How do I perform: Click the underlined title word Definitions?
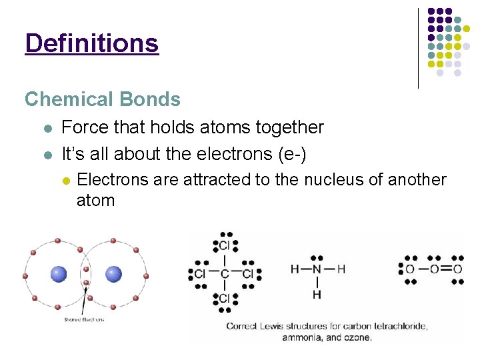[91, 43]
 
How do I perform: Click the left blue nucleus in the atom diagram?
[59, 274]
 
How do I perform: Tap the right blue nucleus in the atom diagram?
[114, 274]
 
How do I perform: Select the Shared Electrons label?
[83, 319]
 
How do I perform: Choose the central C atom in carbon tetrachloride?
[225, 274]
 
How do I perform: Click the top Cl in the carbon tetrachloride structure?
[225, 246]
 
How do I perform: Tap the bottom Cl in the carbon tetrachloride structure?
[225, 298]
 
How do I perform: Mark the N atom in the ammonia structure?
[317, 269]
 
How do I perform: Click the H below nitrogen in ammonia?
[317, 294]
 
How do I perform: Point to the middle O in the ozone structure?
[434, 269]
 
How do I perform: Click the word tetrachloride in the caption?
[393, 326]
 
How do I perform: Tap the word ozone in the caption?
[356, 337]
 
